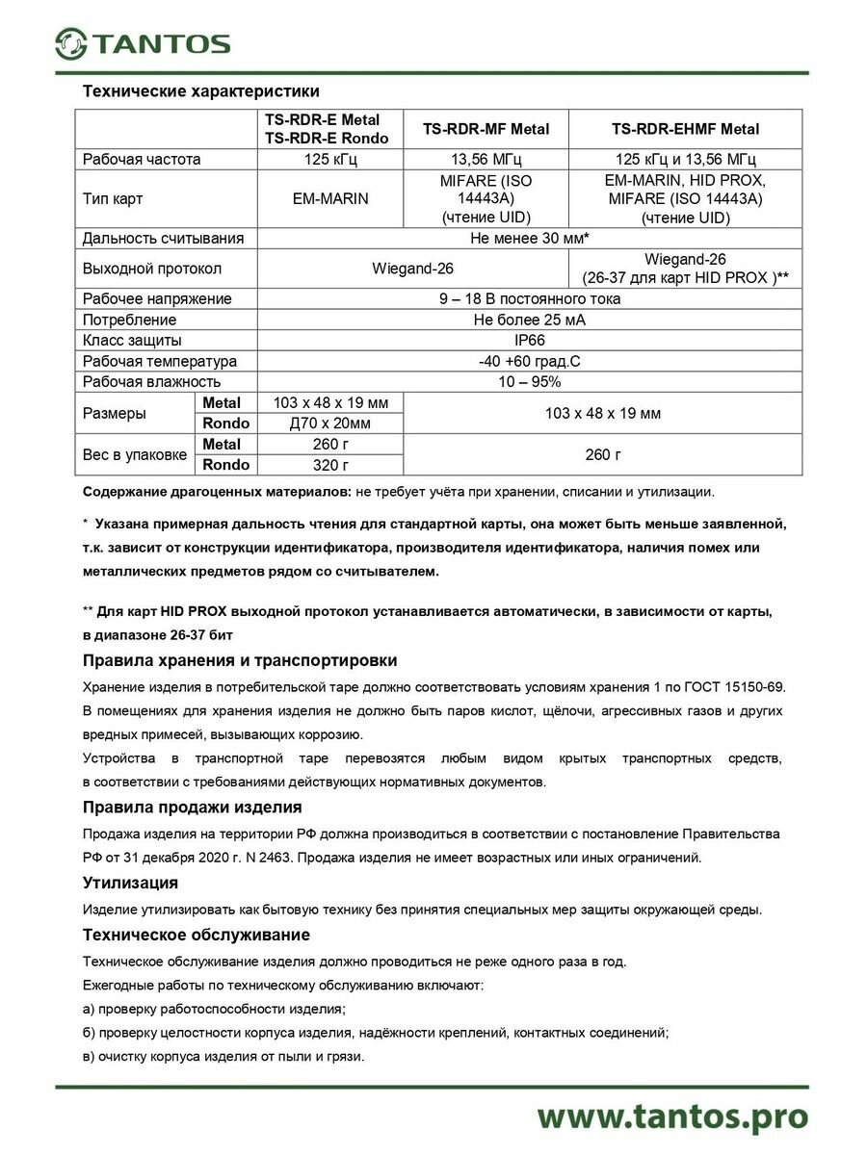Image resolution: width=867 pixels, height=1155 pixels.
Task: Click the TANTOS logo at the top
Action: point(143,43)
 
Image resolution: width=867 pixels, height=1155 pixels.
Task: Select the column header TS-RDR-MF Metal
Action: point(486,129)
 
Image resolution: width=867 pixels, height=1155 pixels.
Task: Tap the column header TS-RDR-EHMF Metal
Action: point(685,129)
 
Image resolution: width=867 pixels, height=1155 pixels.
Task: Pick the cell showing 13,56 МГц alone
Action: point(486,160)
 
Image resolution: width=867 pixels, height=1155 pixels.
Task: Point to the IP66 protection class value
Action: point(530,340)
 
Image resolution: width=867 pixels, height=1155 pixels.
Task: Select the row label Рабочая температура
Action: point(160,361)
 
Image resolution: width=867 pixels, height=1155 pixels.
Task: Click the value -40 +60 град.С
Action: point(530,361)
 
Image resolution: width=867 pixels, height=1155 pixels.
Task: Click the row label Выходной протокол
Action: point(152,269)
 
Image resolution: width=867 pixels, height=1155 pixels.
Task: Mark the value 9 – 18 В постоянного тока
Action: point(530,298)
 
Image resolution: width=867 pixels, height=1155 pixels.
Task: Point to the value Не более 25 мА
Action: point(530,320)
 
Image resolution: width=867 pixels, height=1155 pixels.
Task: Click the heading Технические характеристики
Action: point(200,92)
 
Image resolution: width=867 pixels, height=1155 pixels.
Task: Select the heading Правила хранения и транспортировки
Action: point(240,660)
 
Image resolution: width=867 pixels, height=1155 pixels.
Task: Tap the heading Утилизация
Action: point(130,882)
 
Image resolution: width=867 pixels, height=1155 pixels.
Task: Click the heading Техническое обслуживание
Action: point(197,935)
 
